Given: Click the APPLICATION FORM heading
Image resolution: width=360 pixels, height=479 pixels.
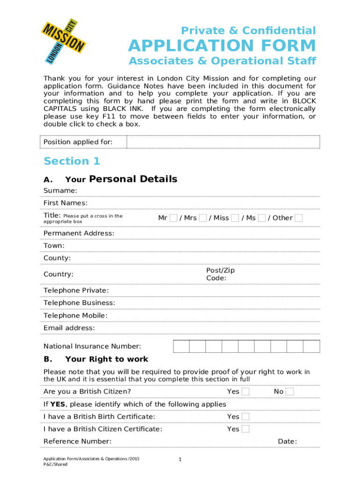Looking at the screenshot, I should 222,46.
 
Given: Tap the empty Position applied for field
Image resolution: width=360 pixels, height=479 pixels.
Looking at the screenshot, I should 223,142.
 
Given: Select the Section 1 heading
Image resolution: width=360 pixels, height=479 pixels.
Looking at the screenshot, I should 72,161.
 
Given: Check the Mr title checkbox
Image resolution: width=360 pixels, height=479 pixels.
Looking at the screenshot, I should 173,218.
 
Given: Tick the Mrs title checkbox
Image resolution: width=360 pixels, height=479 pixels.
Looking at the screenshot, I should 203,218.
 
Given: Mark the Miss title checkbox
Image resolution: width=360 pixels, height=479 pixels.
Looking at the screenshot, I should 235,218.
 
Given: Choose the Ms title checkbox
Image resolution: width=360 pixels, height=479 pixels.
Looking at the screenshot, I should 262,218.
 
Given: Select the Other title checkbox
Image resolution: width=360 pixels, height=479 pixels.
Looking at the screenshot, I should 298,218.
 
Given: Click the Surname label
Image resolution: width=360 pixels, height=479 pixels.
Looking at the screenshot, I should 60,190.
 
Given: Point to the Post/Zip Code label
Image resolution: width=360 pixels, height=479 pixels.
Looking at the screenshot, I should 220,274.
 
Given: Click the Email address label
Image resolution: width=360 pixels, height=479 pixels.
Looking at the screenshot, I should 69,328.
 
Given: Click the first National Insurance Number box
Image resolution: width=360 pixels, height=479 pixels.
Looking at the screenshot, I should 181,346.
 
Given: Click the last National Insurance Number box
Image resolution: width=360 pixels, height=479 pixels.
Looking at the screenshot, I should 311,346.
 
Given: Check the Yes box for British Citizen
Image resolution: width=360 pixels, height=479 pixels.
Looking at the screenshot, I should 245,392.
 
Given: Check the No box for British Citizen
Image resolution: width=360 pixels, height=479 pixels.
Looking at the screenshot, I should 290,392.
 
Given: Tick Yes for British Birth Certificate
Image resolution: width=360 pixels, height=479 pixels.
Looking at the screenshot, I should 245,416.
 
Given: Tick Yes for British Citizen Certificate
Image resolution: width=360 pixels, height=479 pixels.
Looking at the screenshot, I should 245,429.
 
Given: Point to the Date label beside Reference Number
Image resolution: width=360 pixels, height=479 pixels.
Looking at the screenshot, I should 287,442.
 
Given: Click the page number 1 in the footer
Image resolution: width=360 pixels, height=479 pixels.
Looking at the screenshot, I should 180,460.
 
